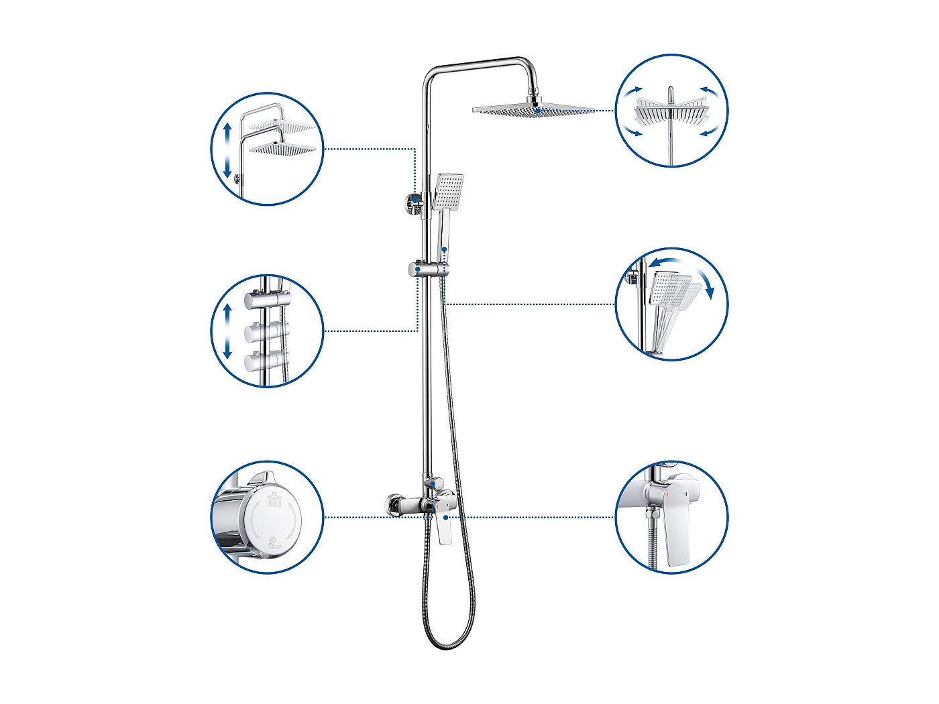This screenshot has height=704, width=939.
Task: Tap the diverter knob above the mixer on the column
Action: (431, 481)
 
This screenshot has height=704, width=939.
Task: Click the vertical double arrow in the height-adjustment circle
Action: (227, 148)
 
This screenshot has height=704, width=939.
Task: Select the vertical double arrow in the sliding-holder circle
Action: (227, 331)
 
